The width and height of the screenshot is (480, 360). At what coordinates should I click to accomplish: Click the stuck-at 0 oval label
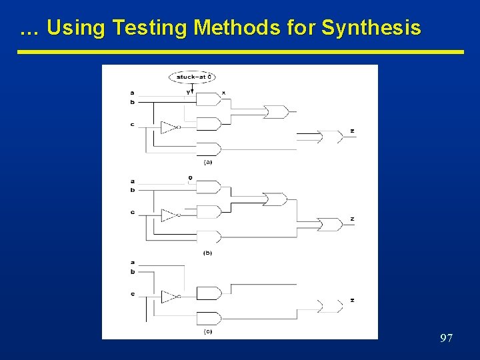pos(192,77)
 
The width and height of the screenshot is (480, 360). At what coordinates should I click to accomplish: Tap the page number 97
pos(447,339)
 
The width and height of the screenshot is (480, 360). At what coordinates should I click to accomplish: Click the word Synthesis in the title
pos(371,28)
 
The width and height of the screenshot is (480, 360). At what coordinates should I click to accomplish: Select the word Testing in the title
pos(150,28)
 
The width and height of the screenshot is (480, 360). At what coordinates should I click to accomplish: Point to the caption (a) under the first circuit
pos(208,162)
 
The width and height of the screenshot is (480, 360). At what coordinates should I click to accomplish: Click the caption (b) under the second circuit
pos(208,253)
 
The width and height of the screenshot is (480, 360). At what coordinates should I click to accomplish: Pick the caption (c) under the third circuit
pos(208,331)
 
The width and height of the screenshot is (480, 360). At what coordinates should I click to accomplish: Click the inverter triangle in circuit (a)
pos(169,127)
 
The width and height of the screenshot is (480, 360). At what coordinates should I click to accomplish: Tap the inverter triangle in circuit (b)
pos(169,215)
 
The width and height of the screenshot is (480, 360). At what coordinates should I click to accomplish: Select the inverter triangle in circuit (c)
pos(169,296)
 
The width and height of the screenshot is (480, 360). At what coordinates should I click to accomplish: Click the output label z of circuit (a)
pos(352,131)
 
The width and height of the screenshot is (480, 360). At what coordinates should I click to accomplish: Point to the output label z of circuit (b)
pos(352,219)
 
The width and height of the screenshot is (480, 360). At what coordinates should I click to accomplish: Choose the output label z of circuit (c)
pos(352,300)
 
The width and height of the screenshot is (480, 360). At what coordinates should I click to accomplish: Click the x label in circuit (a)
pos(223,92)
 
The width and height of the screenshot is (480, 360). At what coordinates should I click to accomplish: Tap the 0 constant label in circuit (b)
pos(190,178)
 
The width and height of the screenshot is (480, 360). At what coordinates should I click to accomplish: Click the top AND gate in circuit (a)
pos(209,99)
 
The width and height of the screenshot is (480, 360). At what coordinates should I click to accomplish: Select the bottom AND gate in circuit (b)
pos(209,237)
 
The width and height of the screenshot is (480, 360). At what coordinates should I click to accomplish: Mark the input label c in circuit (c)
pos(133,294)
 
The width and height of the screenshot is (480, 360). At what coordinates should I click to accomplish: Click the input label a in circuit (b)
pos(133,181)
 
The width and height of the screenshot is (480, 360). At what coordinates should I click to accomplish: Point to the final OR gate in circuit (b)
pos(330,225)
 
